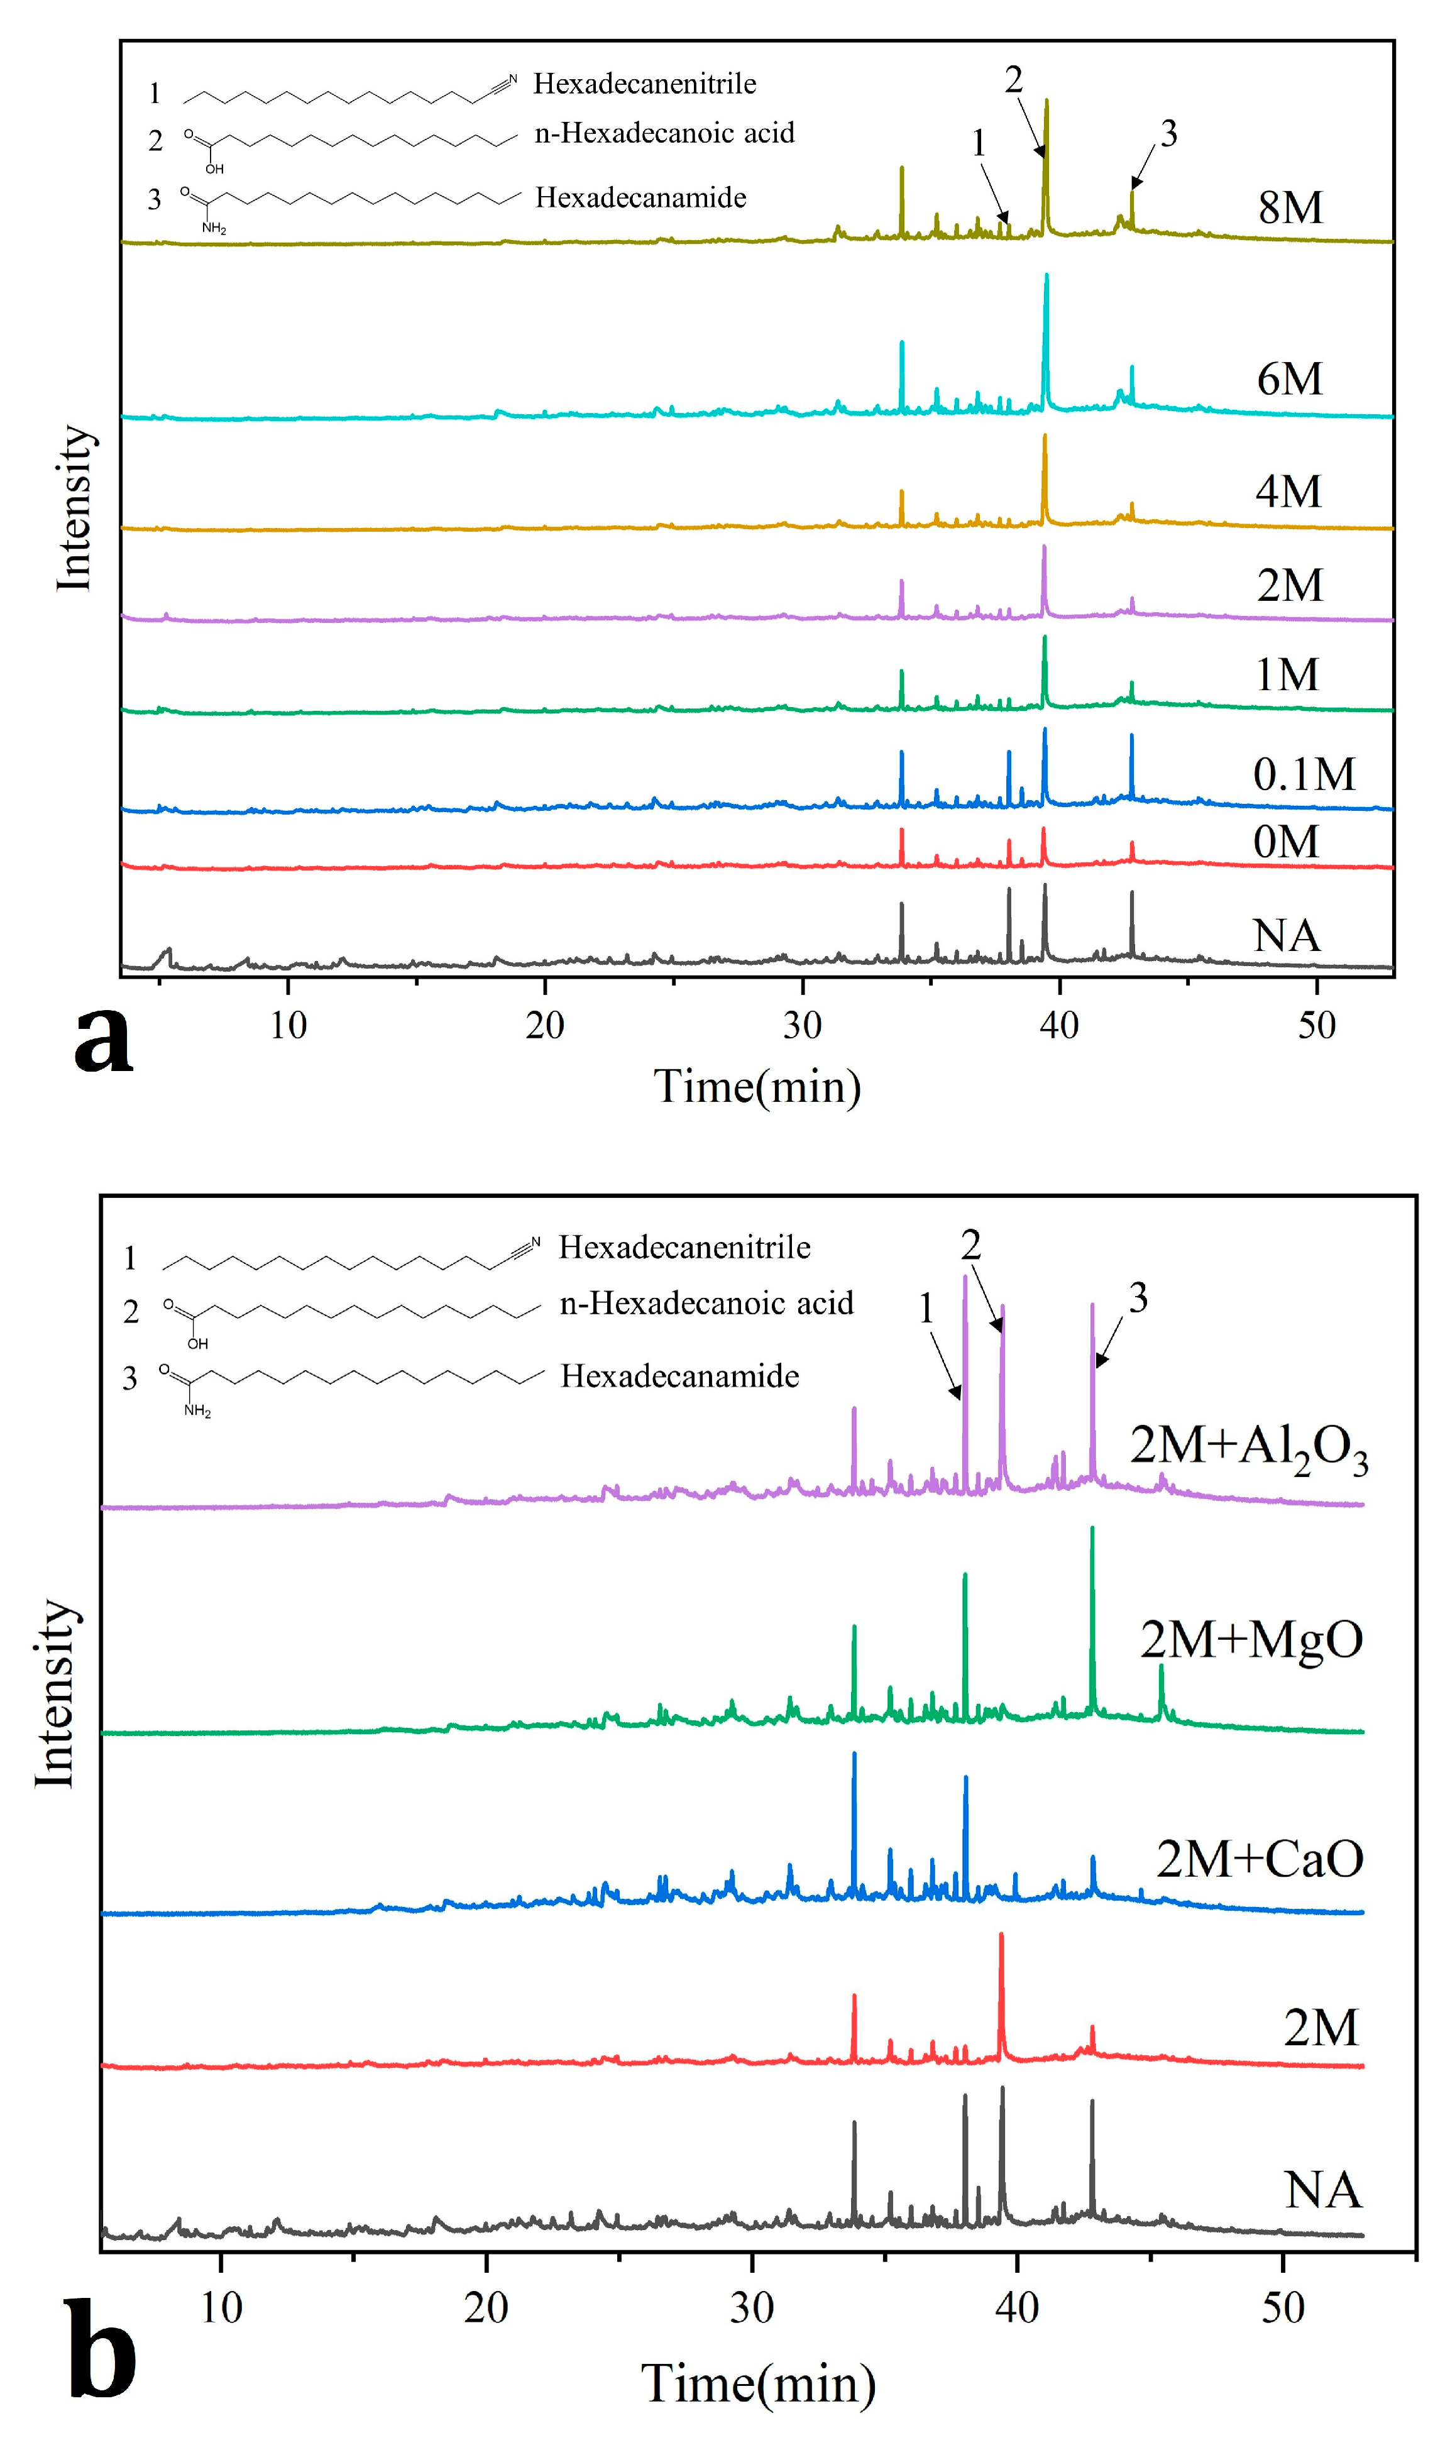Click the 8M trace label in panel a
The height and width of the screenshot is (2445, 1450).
click(x=1290, y=208)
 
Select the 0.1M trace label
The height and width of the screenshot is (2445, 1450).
click(x=1304, y=774)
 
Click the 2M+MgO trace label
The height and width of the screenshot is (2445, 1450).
click(x=1251, y=1639)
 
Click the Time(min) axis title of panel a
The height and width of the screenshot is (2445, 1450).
click(x=757, y=1086)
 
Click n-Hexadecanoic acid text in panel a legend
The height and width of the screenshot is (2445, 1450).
click(x=664, y=133)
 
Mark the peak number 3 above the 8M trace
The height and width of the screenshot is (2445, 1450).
click(x=1168, y=134)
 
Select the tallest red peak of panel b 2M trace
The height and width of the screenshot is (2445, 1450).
click(x=1001, y=1936)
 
